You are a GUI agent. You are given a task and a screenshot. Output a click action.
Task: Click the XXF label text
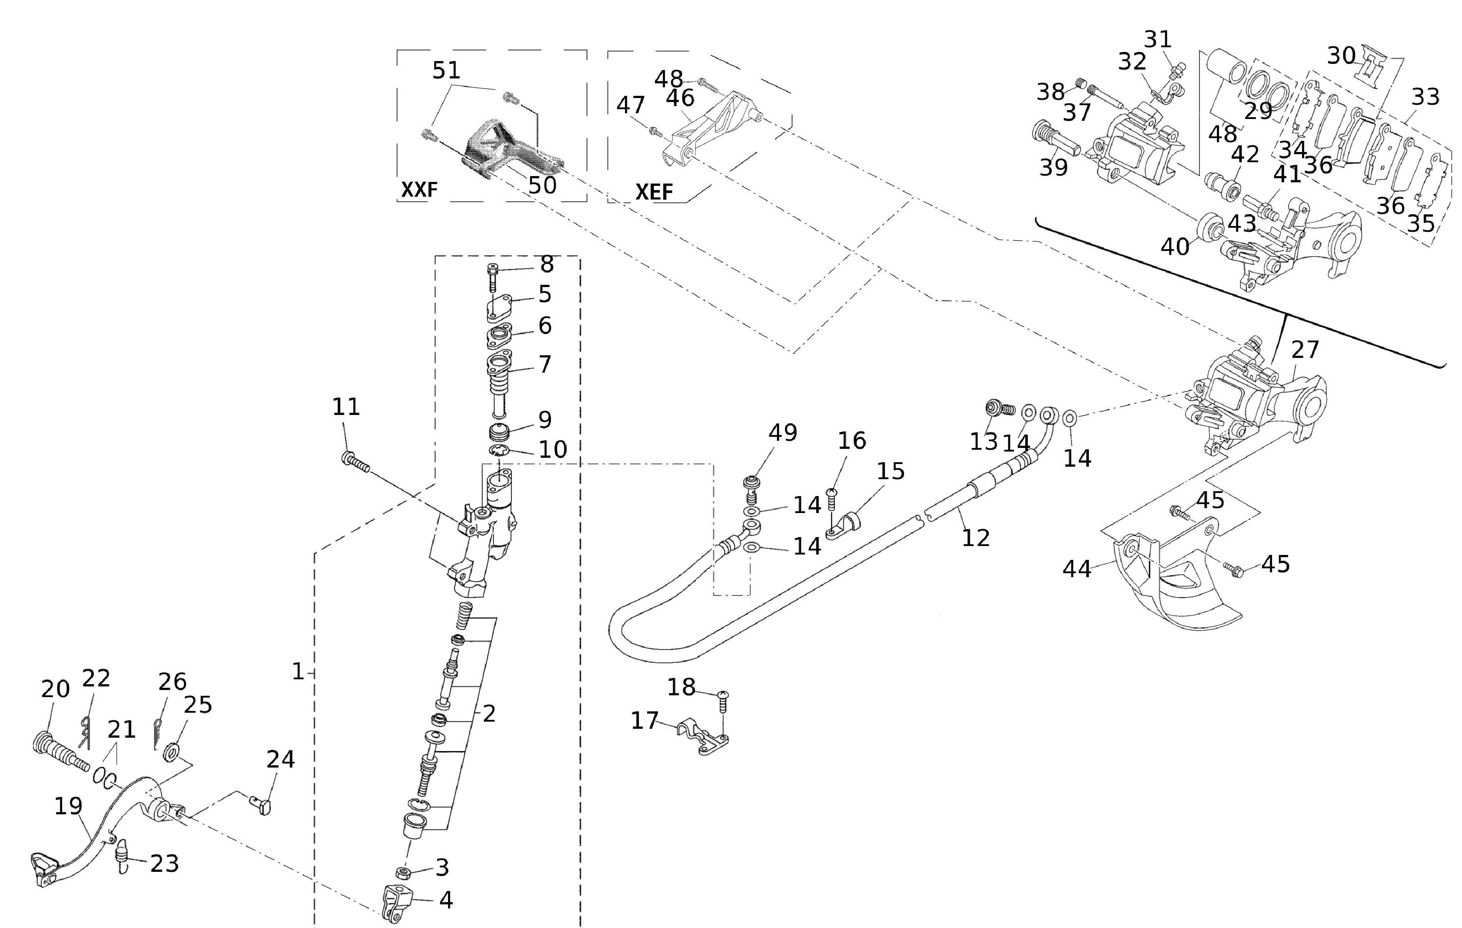pos(419,190)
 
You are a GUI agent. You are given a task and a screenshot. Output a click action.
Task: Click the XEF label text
pos(654,192)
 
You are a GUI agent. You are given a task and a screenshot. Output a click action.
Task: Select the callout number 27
pos(1305,350)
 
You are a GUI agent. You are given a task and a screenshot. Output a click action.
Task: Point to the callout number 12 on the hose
pos(976,538)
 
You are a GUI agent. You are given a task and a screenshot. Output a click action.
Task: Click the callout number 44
pos(1077,569)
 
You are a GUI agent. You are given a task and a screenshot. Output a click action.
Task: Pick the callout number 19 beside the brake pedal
pos(68,806)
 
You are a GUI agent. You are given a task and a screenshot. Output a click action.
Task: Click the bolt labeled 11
pos(356,463)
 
